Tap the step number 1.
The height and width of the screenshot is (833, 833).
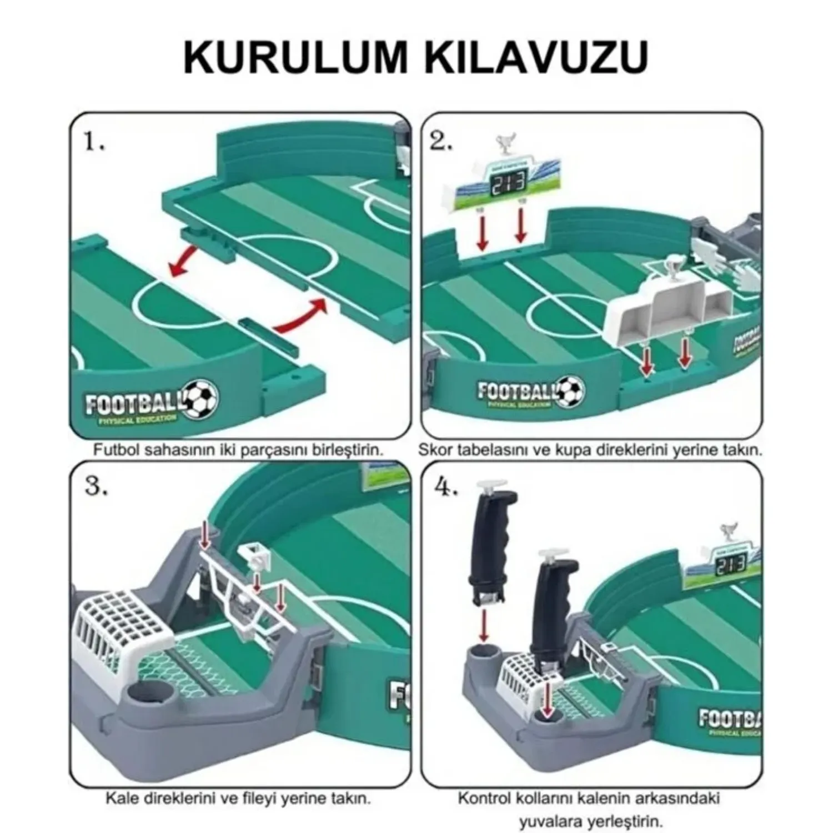[94, 143]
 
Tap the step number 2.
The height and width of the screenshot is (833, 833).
[441, 143]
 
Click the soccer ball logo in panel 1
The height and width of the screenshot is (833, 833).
[200, 399]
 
